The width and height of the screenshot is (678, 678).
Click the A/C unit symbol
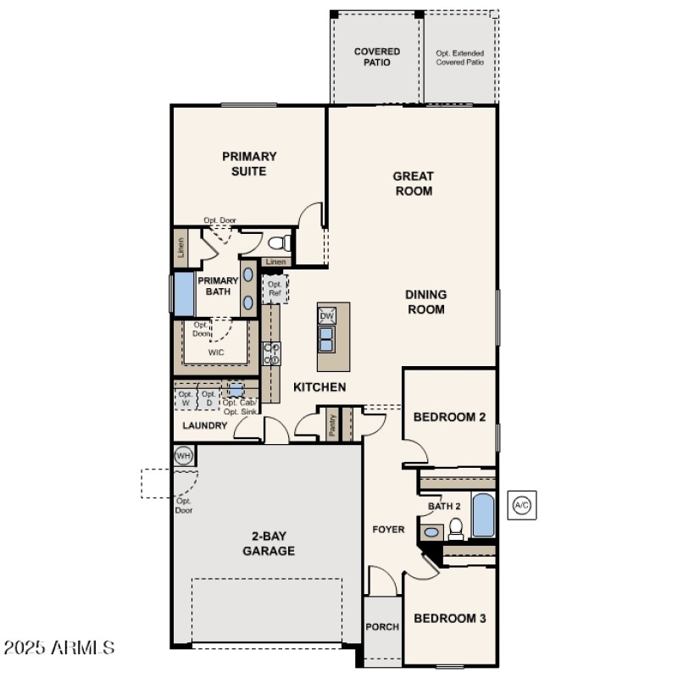tap(522, 506)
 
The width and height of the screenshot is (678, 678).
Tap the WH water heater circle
tap(183, 456)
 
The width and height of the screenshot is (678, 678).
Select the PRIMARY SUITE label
tap(249, 164)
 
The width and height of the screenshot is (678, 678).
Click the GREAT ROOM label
tap(413, 184)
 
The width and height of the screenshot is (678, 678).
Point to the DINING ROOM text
tap(425, 302)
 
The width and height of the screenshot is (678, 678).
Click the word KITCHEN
tap(319, 387)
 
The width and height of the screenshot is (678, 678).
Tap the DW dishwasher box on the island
tap(326, 316)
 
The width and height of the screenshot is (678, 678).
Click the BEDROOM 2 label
tap(449, 417)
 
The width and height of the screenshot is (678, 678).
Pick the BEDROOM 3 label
tap(449, 619)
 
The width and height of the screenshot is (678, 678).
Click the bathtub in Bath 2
tap(483, 515)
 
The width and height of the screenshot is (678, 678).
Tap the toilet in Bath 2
tap(456, 530)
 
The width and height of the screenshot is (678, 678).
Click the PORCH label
tap(382, 628)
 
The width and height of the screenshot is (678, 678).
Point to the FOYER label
tap(389, 530)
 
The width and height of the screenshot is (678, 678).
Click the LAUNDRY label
tap(204, 425)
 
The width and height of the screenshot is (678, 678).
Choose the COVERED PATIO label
tap(376, 57)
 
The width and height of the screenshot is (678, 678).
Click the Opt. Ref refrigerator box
tap(275, 289)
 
